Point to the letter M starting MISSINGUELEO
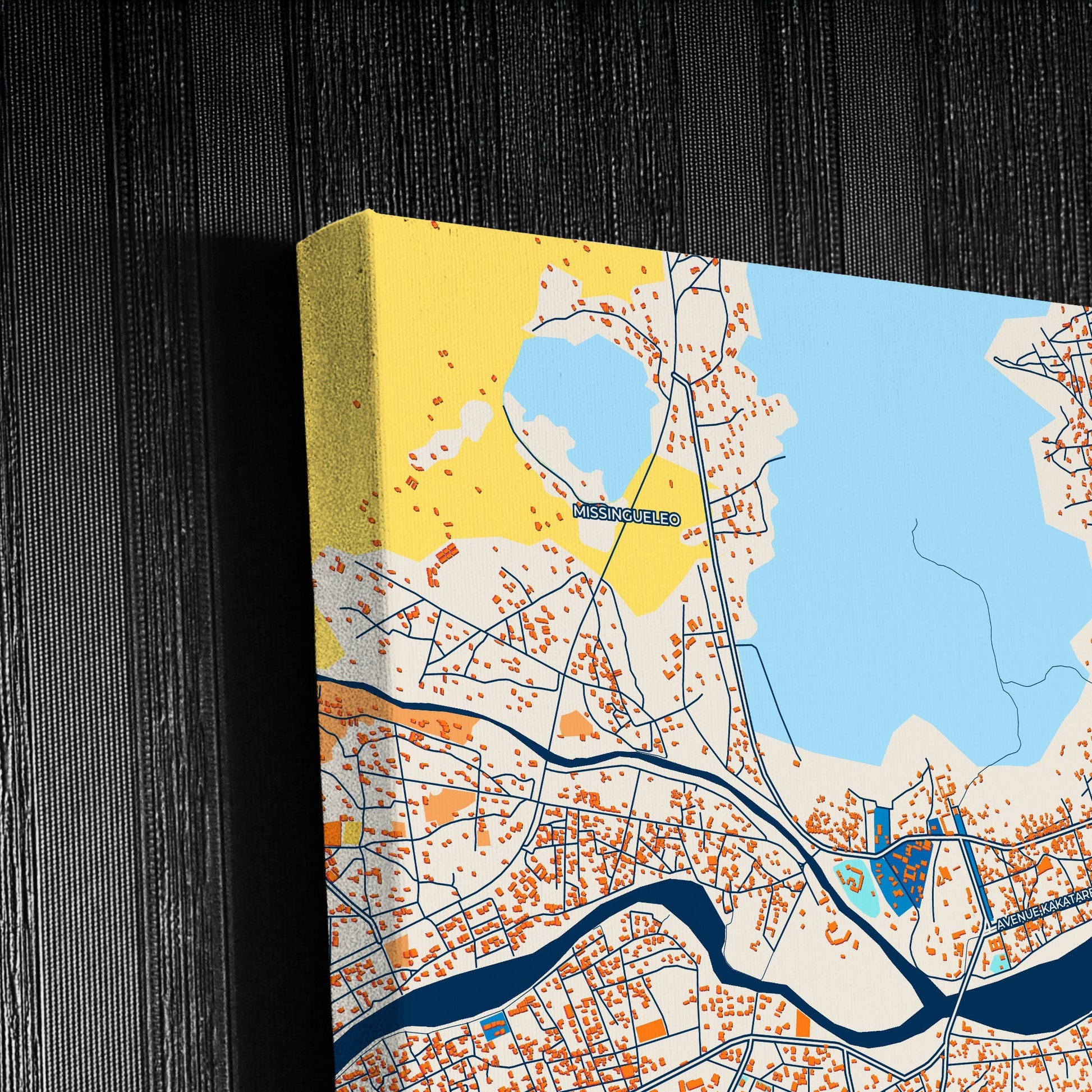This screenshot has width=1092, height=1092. (x=579, y=512)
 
